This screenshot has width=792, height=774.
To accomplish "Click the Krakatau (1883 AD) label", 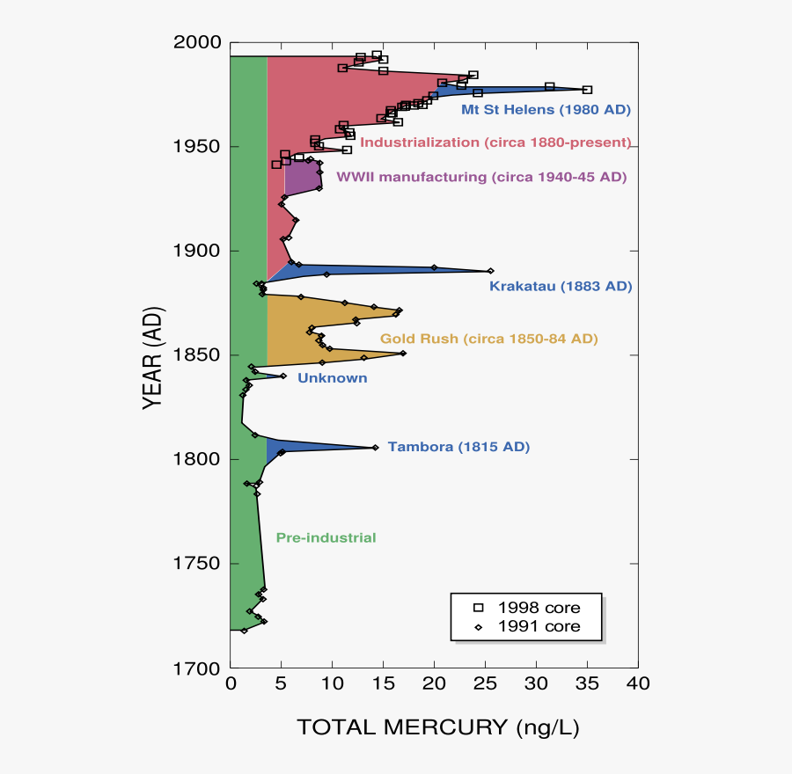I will (561, 287).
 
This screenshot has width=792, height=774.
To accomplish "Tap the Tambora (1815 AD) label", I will (458, 447).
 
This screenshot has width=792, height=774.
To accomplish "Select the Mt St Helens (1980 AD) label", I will (546, 110).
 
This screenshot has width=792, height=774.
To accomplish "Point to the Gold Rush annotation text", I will (488, 339).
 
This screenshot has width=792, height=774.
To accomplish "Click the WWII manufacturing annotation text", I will (481, 177).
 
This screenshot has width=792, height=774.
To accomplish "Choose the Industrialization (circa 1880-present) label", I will (495, 142).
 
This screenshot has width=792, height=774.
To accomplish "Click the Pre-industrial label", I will (326, 537).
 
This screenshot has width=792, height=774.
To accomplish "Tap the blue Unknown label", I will (332, 378).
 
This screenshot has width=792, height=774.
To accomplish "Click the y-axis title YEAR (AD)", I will (153, 355).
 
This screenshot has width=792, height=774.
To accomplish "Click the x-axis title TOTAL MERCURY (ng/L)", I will (438, 727).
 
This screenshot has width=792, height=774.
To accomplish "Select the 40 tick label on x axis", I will (638, 684).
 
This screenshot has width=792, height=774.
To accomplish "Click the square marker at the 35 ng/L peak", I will (587, 90).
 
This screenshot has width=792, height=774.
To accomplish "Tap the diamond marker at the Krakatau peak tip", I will (490, 271).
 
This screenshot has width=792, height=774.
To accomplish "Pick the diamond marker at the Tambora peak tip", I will (375, 448).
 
